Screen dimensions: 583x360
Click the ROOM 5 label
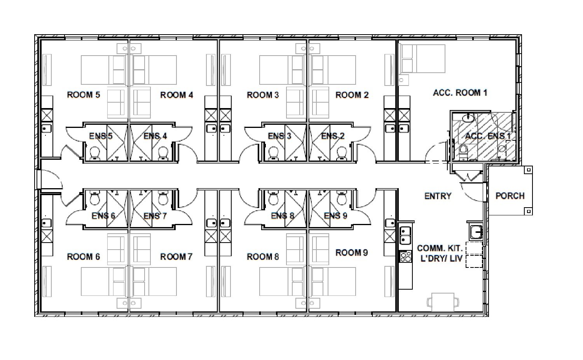pyautogui.click(x=84, y=95)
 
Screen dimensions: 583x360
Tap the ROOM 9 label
pyautogui.click(x=352, y=252)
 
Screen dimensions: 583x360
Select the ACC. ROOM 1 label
pyautogui.click(x=460, y=93)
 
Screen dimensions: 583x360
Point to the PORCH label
pyautogui.click(x=510, y=196)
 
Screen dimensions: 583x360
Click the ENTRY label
pyautogui.click(x=438, y=196)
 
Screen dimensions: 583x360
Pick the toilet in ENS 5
pyautogui.click(x=95, y=153)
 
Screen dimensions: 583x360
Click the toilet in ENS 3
pyautogui.click(x=273, y=153)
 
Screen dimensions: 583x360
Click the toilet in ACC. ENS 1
pyautogui.click(x=463, y=152)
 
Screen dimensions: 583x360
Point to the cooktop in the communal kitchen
pyautogui.click(x=405, y=256)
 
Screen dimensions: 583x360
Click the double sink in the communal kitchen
pyautogui.click(x=405, y=235)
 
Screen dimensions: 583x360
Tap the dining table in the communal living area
pyautogui.click(x=443, y=302)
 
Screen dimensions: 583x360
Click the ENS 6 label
pyautogui.click(x=103, y=216)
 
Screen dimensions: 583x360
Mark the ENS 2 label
pyautogui.click(x=333, y=136)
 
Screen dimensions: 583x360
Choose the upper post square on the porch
pyautogui.click(x=529, y=170)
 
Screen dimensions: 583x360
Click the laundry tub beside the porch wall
pyautogui.click(x=476, y=231)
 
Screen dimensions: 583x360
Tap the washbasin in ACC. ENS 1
pyautogui.click(x=468, y=119)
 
